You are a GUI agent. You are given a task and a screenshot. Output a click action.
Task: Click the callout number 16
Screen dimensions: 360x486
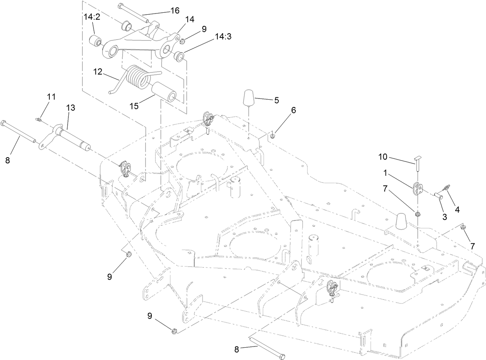click(x=175, y=10)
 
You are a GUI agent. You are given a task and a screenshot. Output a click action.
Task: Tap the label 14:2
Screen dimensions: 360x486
click(x=92, y=17)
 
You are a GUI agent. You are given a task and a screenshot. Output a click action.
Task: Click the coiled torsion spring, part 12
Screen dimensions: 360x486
click(x=136, y=76)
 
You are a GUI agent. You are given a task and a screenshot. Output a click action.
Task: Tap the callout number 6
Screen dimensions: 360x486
click(x=293, y=110)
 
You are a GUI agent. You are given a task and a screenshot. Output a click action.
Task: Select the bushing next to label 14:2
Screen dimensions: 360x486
click(x=95, y=40)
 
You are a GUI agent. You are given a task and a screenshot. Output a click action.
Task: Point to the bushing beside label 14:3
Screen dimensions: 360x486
click(x=179, y=56)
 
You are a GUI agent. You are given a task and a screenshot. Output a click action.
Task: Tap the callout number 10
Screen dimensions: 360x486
click(x=382, y=157)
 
